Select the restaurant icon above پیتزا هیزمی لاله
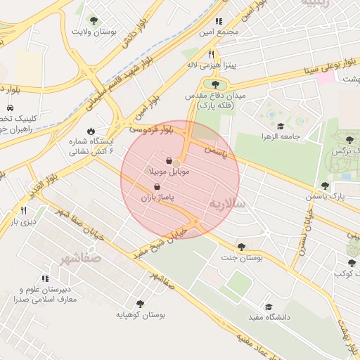click(210, 53)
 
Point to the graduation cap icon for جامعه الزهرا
click(281, 127)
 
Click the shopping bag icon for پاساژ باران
click(156, 187)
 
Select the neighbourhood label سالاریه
click(227, 202)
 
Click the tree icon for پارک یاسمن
click(324, 186)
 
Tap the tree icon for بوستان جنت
click(241, 247)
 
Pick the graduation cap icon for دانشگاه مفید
click(268, 307)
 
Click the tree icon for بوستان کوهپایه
click(140, 304)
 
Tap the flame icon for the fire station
click(91, 131)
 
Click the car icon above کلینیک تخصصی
click(10, 108)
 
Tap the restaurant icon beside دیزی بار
click(23, 210)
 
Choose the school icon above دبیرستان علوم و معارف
click(45, 279)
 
